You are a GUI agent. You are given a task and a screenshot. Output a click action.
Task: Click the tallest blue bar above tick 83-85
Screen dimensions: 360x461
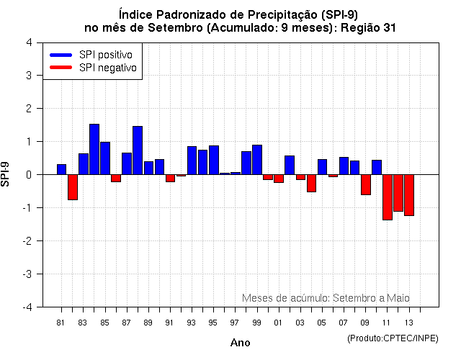click(94, 149)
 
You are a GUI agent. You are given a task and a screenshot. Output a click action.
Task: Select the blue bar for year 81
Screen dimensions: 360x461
click(61, 169)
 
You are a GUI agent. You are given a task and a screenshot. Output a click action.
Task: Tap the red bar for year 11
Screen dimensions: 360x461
click(387, 197)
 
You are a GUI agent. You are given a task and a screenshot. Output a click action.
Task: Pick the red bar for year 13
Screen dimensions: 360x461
click(408, 194)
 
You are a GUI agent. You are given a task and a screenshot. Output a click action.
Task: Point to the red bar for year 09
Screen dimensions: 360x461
click(365, 184)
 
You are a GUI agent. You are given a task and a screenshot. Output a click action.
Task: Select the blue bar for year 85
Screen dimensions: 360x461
click(105, 158)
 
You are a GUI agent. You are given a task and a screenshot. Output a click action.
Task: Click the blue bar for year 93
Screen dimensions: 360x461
click(192, 160)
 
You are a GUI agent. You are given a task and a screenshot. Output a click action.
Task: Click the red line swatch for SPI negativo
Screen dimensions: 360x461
click(61, 68)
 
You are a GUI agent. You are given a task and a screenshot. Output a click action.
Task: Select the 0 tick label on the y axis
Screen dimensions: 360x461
click(28, 174)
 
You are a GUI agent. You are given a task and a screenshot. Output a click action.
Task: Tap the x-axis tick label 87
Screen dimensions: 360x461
click(126, 322)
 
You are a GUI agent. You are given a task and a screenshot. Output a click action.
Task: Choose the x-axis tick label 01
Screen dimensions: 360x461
click(278, 322)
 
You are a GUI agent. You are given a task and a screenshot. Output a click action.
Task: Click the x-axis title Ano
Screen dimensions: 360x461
click(240, 343)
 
